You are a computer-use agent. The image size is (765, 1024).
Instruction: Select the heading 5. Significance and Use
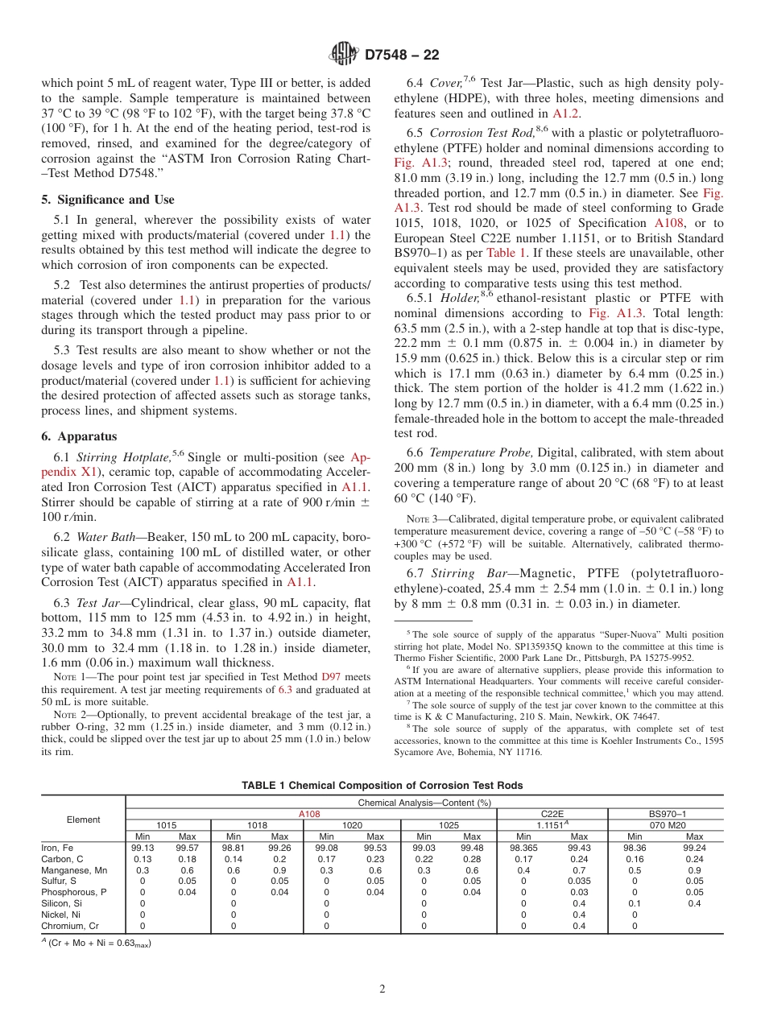[x=108, y=200]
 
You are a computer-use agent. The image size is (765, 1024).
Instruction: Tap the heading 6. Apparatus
[x=79, y=436]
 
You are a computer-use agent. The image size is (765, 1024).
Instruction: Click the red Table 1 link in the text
[x=506, y=253]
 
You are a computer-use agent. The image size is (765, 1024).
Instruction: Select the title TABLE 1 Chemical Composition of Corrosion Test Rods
[x=382, y=786]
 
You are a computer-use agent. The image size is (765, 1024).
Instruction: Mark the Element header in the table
[x=83, y=820]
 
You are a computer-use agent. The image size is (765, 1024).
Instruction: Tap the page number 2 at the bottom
[x=382, y=989]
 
